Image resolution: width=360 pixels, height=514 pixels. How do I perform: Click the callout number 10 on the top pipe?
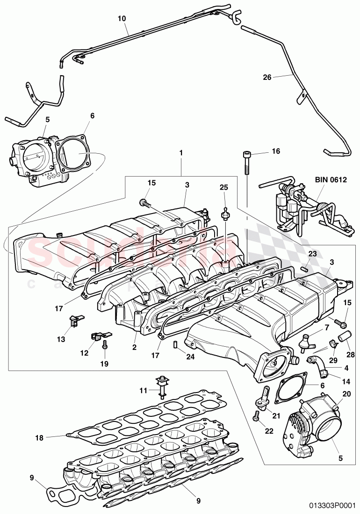(x=122, y=19)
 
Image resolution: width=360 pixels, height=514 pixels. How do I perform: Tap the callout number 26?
(x=267, y=78)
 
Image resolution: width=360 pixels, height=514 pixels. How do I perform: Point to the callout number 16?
(x=275, y=151)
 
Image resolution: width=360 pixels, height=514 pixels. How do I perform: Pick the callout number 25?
(x=224, y=187)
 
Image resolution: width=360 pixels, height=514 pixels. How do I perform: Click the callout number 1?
(x=181, y=152)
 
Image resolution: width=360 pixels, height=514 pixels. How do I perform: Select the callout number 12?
(x=84, y=353)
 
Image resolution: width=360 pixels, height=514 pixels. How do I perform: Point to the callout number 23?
(x=312, y=254)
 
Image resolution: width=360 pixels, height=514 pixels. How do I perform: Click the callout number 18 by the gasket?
(x=40, y=438)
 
